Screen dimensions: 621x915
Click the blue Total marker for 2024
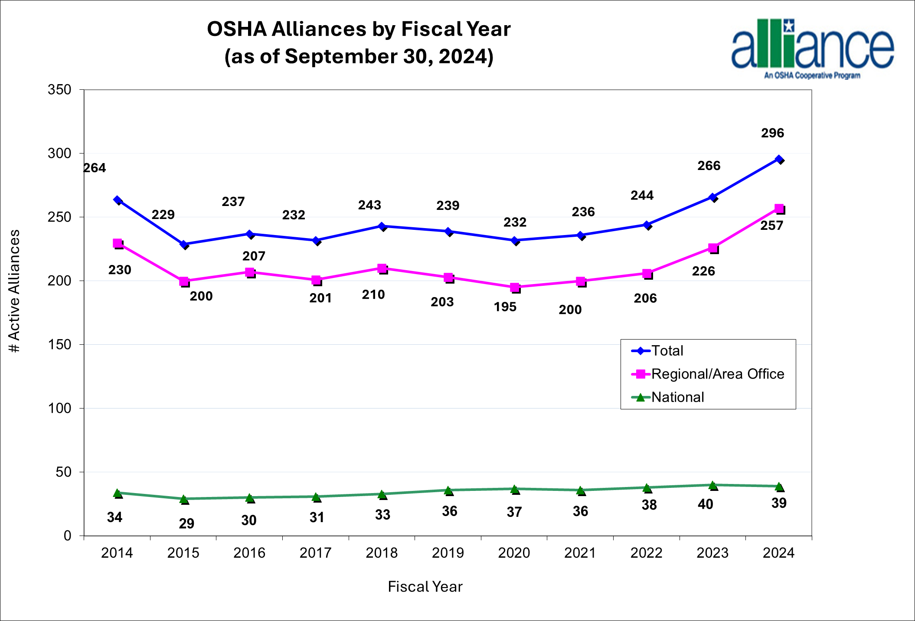coord(779,159)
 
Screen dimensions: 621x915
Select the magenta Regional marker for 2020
coord(515,287)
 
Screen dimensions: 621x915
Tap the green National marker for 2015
coord(184,499)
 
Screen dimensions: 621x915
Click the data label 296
coord(772,133)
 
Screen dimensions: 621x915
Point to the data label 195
coord(505,307)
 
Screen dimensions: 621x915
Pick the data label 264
coord(95,168)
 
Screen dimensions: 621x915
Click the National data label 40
coord(706,504)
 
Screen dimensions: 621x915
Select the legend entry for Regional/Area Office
coord(717,374)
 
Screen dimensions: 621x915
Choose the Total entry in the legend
coord(667,350)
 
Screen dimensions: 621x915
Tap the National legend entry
coord(677,397)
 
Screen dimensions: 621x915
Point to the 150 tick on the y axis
coord(59,345)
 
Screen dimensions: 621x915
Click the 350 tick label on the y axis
coord(59,90)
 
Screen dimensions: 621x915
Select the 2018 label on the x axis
coord(382,553)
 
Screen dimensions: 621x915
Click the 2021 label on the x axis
coord(580,553)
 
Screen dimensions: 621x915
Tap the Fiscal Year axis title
coord(425,587)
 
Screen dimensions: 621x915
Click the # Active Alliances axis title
coord(14,291)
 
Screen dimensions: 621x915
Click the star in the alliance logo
coord(789,26)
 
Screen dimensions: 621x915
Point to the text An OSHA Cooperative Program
coord(812,75)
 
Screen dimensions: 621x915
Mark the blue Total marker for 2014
coord(118,200)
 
